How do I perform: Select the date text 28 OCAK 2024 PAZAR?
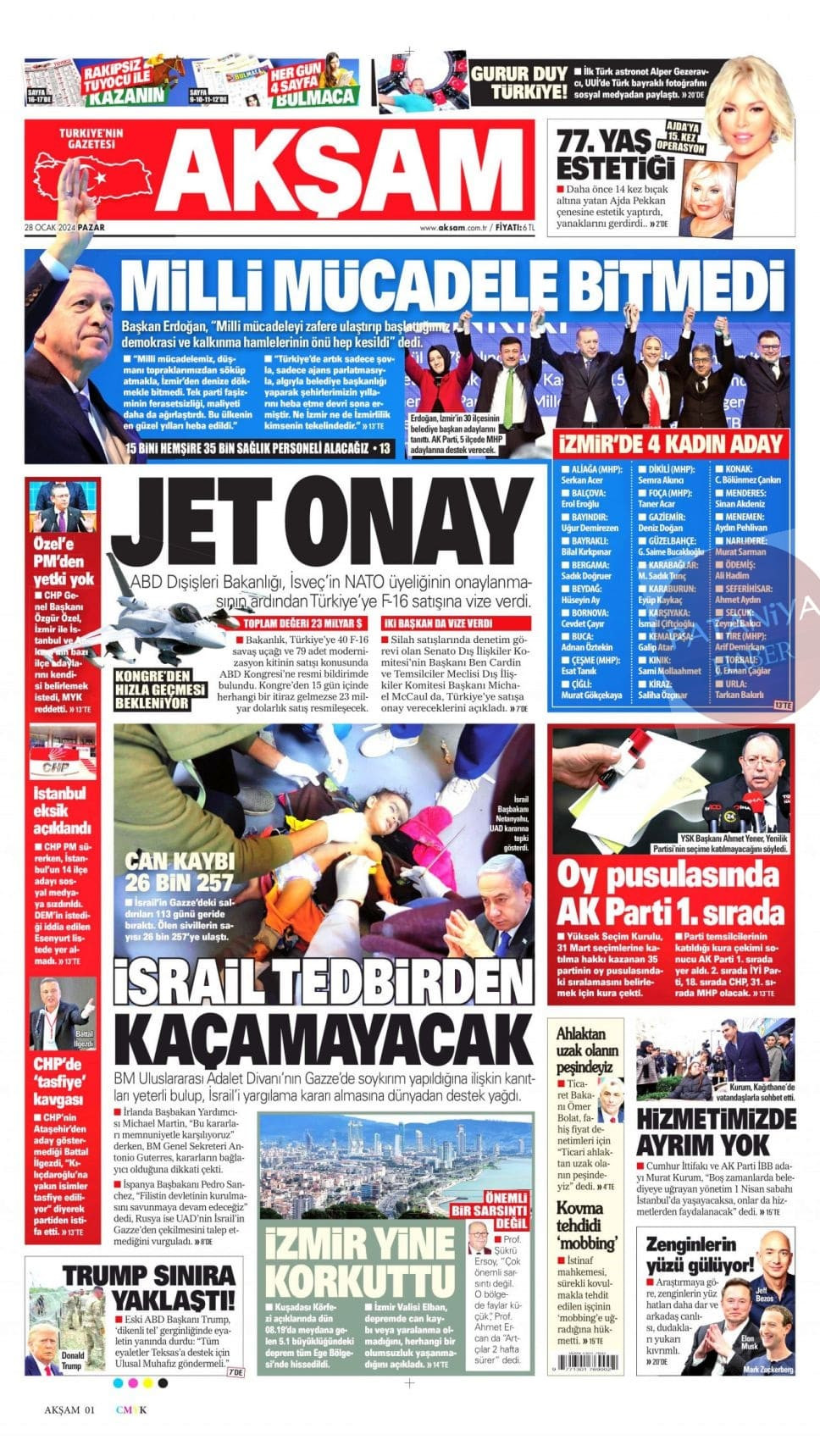click(x=69, y=228)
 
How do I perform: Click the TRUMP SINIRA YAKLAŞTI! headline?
click(x=149, y=1287)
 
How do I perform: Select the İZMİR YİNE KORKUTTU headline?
click(x=360, y=1262)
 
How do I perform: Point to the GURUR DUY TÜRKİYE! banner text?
click(x=518, y=82)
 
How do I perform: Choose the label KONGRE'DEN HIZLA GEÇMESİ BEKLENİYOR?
click(x=160, y=694)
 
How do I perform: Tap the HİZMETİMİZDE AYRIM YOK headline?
click(x=716, y=1132)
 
